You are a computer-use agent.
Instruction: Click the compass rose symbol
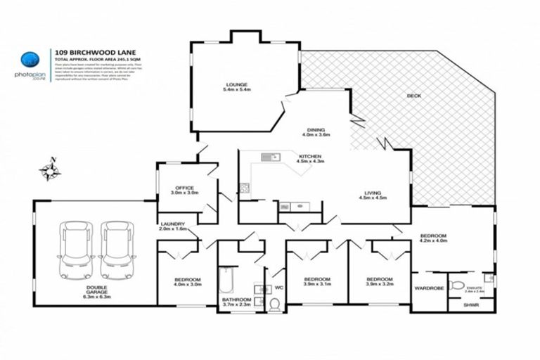pyautogui.click(x=50, y=169)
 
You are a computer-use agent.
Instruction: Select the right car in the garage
pyautogui.click(x=115, y=250)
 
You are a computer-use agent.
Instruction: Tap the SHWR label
pyautogui.click(x=470, y=305)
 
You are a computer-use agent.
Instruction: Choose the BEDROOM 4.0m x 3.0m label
pyautogui.click(x=188, y=282)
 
